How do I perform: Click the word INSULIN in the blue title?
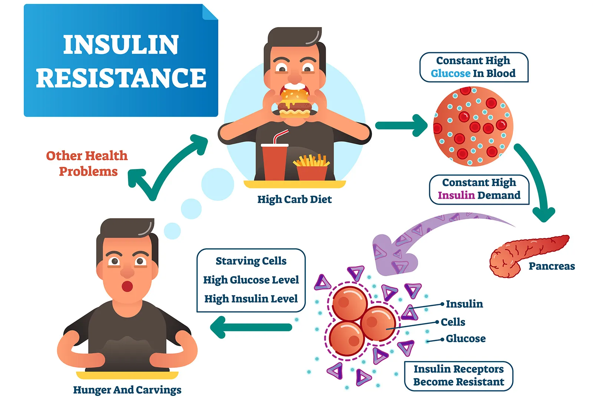[x=121, y=45]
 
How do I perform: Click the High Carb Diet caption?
[x=294, y=199]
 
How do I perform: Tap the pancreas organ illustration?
[x=526, y=254]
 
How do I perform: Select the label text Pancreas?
[x=551, y=266]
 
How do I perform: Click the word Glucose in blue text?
[x=450, y=73]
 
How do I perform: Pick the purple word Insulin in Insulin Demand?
[x=456, y=195]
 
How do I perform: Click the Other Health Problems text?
[x=87, y=163]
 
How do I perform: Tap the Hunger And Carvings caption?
[x=127, y=390]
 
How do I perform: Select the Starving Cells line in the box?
[x=251, y=261]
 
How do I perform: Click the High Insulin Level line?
[x=251, y=299]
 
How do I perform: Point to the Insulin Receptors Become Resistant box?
[x=458, y=376]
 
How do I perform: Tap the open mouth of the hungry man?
[x=127, y=287]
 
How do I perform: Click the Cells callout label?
[x=453, y=322]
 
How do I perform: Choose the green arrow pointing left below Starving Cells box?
[x=251, y=327]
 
